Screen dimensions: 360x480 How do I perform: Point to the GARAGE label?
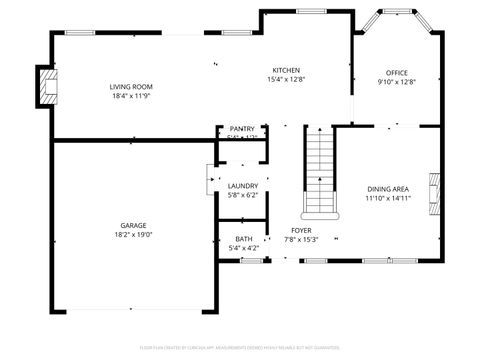pyautogui.click(x=134, y=226)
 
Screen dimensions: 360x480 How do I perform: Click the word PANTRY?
pyautogui.click(x=242, y=129)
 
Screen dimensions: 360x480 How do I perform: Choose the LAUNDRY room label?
pyautogui.click(x=243, y=186)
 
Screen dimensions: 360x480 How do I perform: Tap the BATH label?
pyautogui.click(x=243, y=238)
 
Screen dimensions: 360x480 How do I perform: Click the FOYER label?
pyautogui.click(x=302, y=230)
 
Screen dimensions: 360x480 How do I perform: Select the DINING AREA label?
pyautogui.click(x=387, y=189)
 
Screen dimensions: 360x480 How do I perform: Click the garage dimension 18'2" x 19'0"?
pyautogui.click(x=134, y=236)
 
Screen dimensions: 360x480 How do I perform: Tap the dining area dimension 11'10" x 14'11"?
pyautogui.click(x=387, y=199)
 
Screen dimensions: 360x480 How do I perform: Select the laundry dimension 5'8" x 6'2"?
pyautogui.click(x=243, y=196)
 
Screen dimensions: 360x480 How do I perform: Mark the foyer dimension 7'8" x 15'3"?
pyautogui.click(x=302, y=240)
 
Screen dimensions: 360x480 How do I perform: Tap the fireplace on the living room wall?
pyautogui.click(x=46, y=87)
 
